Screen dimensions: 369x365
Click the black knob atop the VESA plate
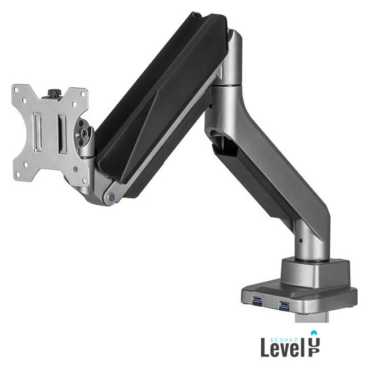coord(54,92)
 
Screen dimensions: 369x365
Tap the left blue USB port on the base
coord(257,300)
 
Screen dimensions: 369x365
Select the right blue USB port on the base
coord(284,306)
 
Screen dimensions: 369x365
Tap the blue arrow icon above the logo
coord(314,332)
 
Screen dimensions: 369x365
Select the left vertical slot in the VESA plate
coord(38,132)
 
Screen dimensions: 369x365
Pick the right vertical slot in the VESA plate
coord(62,134)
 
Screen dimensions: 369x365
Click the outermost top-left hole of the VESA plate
coord(16,90)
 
